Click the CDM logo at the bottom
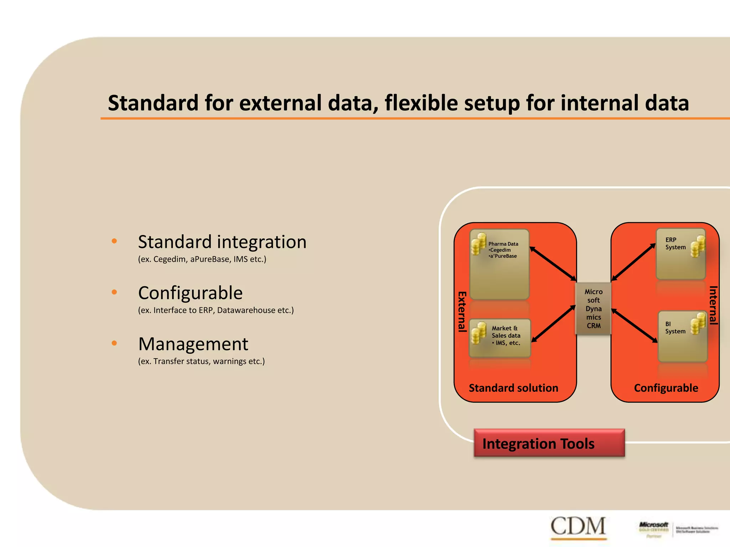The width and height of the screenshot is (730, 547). [x=578, y=526]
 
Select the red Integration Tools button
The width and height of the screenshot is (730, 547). [x=549, y=443]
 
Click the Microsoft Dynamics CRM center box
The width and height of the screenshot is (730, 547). [x=593, y=308]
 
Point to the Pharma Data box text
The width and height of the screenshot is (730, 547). [x=503, y=250]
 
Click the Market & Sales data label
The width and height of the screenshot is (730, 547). [x=506, y=335]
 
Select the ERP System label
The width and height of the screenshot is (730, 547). [x=675, y=244]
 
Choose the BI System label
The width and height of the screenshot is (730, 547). [x=675, y=328]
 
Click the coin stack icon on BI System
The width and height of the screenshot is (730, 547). [x=698, y=323]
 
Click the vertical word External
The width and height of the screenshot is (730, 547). [x=462, y=312]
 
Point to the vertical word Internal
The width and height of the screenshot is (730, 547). [x=713, y=305]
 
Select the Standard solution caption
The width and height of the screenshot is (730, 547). [x=513, y=388]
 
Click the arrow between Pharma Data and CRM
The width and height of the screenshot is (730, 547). [x=553, y=264]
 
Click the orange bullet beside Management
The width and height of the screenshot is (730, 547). [x=114, y=343]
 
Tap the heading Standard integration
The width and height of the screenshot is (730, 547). [x=222, y=242]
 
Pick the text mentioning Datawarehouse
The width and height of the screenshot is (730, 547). [x=216, y=310]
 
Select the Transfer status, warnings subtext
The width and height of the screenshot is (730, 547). [x=201, y=361]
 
